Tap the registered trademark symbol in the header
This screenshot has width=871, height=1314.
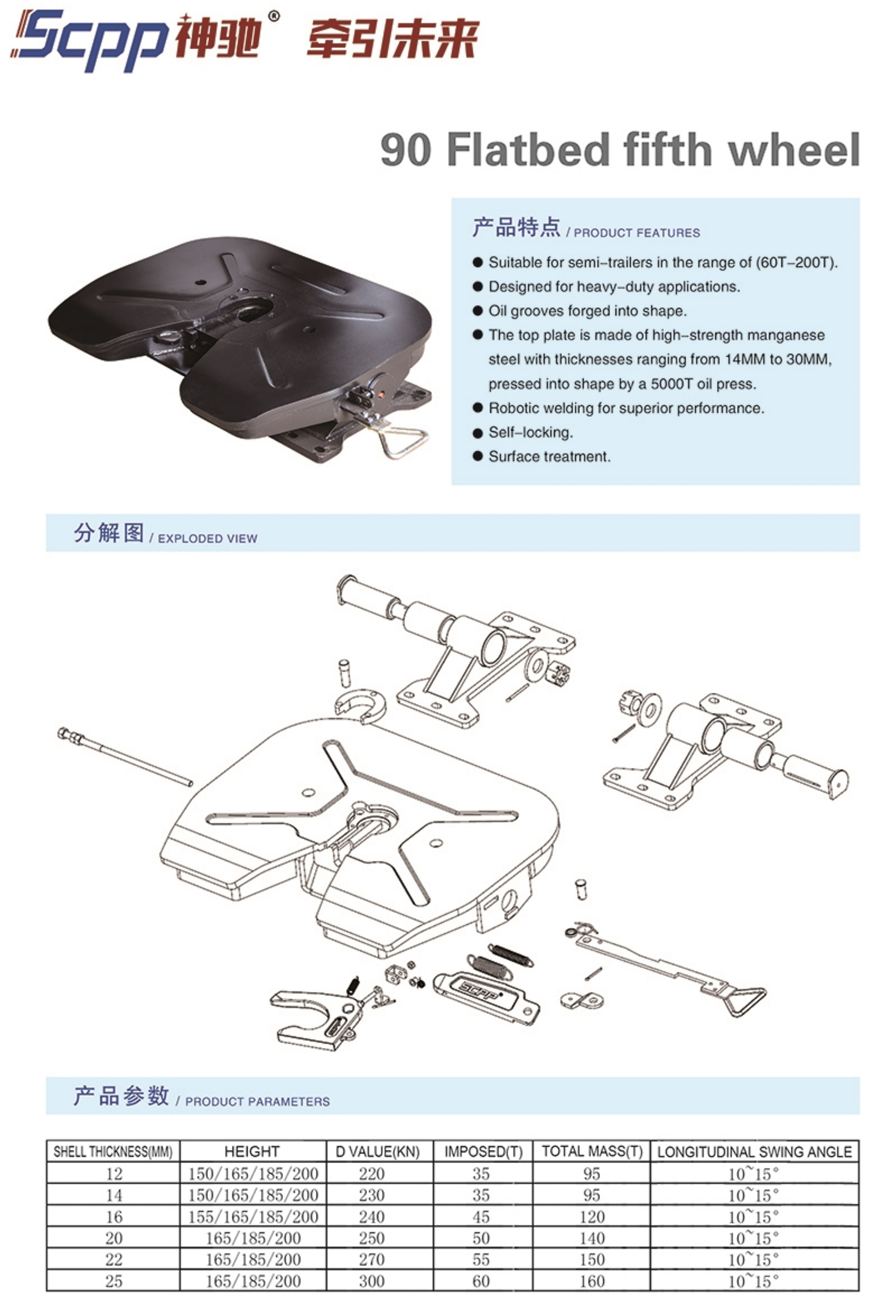(274, 16)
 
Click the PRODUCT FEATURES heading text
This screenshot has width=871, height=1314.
(636, 233)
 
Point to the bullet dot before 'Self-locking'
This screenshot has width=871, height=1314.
(477, 432)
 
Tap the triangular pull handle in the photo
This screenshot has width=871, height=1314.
(401, 443)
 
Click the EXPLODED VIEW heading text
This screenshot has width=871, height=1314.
(208, 539)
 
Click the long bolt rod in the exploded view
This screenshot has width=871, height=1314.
(125, 757)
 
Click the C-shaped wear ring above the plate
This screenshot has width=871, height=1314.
(360, 705)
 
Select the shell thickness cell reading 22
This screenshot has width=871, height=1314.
(114, 1260)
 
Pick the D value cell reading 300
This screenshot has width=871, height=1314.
(372, 1281)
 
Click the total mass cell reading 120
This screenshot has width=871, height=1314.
(592, 1217)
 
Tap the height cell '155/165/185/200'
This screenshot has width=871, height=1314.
(253, 1217)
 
